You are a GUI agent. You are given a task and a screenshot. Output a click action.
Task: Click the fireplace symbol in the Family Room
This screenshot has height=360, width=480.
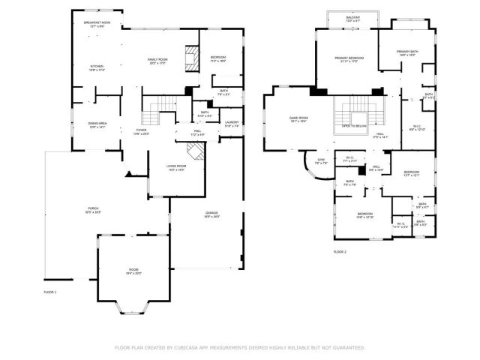pos(193,59)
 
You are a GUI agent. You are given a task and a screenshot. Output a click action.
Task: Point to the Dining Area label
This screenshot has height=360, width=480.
pos(98,125)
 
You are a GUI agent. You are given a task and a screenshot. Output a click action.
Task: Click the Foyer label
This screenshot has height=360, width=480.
pos(141,131)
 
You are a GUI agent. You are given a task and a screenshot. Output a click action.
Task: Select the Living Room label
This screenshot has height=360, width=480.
pos(177,167)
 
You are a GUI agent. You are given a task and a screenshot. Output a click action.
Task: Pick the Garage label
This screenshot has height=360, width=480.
pos(212,214)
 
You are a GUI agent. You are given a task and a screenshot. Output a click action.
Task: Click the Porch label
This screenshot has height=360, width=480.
pos(93,209)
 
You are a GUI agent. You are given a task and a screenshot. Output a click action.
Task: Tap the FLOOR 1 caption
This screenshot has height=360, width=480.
pos(50,291)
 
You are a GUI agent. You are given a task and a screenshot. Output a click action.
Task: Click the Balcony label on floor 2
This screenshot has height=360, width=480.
pos(353,16)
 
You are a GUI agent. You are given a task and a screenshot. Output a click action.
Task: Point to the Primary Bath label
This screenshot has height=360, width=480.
pos(408,52)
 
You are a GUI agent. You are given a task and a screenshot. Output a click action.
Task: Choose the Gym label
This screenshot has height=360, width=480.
pos(321,160)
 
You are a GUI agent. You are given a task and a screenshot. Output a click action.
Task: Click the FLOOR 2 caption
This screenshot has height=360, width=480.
pos(340,252)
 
